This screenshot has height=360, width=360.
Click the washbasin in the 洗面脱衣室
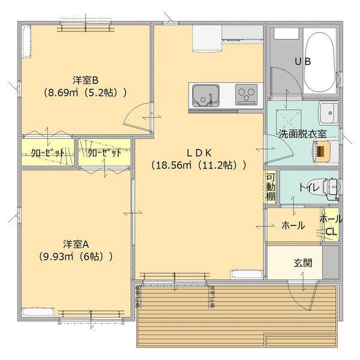[x=329, y=112]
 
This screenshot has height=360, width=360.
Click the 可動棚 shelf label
[x=271, y=187]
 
